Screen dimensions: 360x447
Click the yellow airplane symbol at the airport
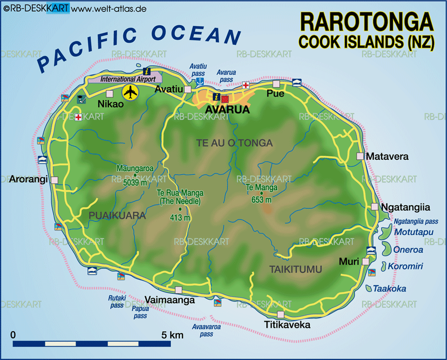tap(131, 93)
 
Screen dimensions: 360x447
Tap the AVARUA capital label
tap(227, 110)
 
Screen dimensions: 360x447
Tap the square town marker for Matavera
tap(360, 156)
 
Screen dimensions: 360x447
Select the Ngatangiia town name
tap(405, 208)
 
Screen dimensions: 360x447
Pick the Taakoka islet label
tap(390, 289)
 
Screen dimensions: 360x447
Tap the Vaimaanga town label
tap(170, 301)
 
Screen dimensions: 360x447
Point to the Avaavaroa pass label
tap(207, 330)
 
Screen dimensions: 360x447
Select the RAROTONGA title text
tap(366, 22)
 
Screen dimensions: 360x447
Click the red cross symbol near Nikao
tap(78, 117)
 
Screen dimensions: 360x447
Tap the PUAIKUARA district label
tap(117, 216)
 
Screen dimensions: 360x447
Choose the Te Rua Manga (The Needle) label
tap(180, 197)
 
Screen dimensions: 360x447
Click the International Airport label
tap(128, 79)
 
